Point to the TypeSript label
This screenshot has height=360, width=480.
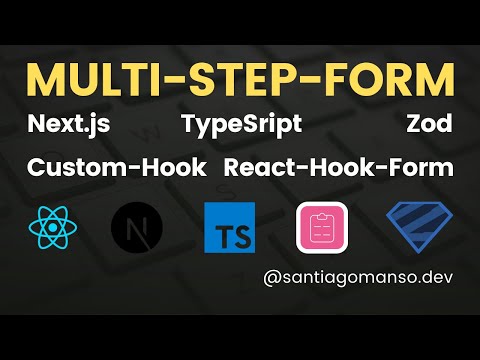coord(242,126)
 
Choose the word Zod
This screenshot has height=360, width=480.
coord(429,126)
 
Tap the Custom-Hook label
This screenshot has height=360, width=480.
coord(117,167)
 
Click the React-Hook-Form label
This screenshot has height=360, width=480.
coord(339,167)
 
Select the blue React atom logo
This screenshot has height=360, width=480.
coord(53,226)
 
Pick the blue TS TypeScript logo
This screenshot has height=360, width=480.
coord(228,227)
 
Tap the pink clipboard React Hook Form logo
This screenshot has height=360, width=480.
coord(322,227)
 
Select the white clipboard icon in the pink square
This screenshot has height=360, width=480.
coord(322,227)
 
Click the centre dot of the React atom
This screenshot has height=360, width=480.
coord(53,227)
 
